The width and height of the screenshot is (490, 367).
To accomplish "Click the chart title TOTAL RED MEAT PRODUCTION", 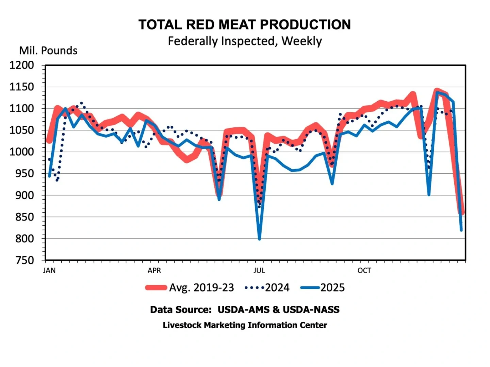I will point(244,25).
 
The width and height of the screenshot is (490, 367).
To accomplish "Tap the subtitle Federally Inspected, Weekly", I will point(244,41).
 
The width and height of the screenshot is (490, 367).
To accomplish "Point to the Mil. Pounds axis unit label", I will point(48,51).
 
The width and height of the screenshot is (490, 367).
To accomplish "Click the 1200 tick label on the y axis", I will point(22,65).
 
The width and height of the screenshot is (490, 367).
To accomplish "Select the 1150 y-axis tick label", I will point(22,87).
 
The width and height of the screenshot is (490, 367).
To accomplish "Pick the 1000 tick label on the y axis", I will point(22,152).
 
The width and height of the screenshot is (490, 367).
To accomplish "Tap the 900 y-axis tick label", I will point(24,195).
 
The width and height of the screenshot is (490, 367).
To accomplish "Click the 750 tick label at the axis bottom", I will point(24,260).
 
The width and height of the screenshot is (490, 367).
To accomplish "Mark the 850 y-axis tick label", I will point(24,217).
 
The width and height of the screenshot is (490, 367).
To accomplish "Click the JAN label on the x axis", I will point(49,270).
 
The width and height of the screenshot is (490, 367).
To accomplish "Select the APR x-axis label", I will point(154,270).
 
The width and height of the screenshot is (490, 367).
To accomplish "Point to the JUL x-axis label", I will point(259,270).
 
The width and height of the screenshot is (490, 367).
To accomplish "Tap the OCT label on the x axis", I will point(364,270).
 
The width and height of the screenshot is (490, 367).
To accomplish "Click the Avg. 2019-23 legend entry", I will point(190,288).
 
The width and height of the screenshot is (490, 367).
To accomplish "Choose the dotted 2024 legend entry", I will point(267,288).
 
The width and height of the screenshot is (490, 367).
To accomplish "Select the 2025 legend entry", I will point(323,288).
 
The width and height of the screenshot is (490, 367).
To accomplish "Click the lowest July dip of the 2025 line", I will point(259,239).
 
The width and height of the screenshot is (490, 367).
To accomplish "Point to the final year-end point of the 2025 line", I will point(461,230).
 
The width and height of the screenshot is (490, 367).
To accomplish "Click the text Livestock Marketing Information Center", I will point(245,325).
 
